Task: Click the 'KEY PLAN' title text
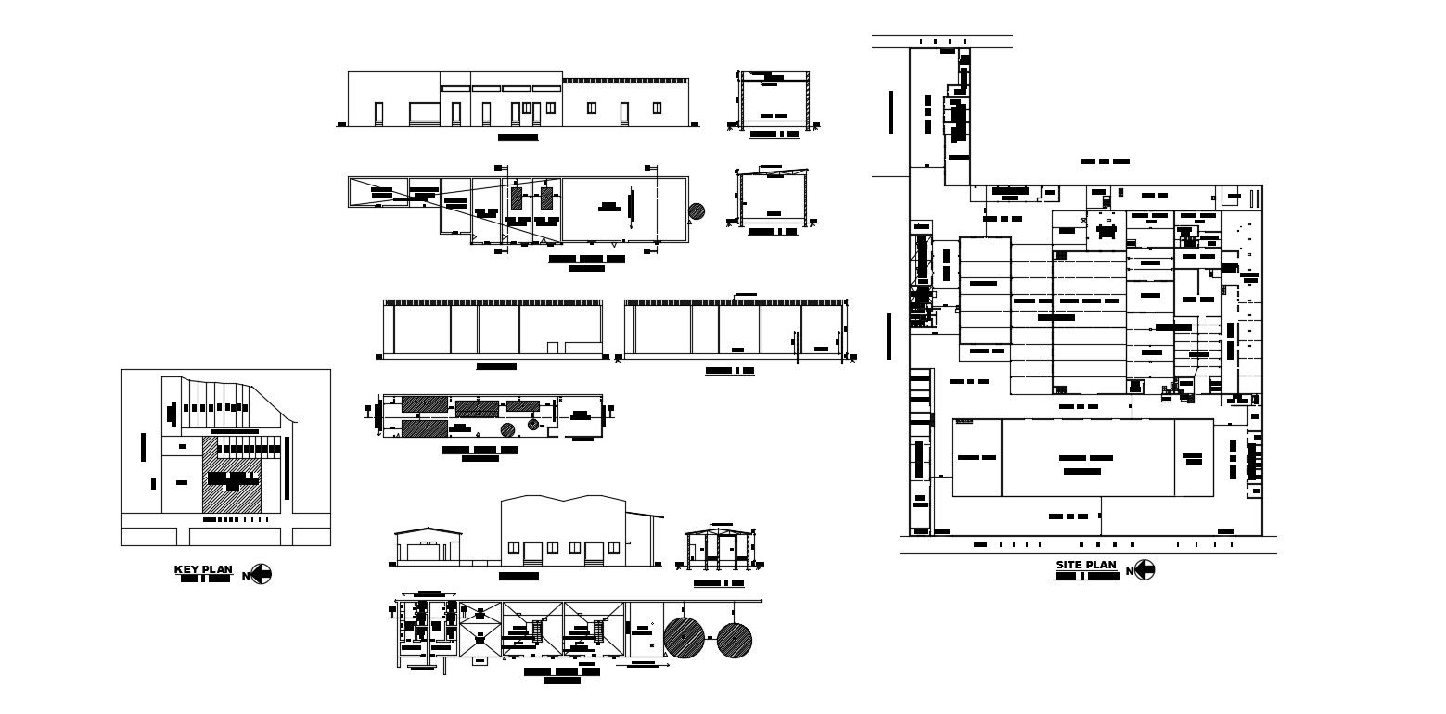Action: click(203, 569)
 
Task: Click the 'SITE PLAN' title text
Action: click(1085, 565)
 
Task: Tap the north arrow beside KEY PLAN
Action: click(262, 575)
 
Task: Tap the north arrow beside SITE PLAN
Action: click(1145, 570)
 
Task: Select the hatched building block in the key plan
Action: click(231, 475)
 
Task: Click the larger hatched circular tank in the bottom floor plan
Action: click(684, 638)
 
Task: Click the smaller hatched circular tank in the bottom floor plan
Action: click(734, 639)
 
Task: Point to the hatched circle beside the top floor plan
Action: click(697, 211)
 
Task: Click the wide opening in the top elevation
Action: click(424, 113)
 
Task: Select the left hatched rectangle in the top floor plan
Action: click(516, 198)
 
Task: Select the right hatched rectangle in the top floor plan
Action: click(546, 198)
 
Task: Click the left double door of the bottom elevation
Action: click(532, 554)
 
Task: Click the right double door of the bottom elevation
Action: click(594, 554)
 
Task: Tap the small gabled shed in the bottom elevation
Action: click(427, 546)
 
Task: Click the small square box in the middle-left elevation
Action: click(552, 347)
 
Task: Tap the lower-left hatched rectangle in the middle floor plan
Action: click(424, 427)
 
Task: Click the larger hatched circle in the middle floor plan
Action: click(508, 429)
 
